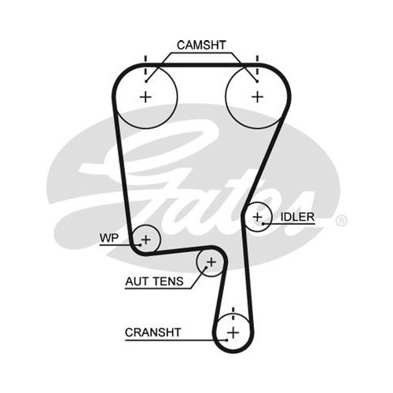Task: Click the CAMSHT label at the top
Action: [201, 45]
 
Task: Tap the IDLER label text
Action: [297, 217]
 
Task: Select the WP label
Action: [109, 238]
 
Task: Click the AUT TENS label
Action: [154, 281]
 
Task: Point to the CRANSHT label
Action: [153, 332]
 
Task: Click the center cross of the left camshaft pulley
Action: [145, 97]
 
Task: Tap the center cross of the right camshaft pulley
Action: [257, 97]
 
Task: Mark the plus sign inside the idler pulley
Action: [258, 217]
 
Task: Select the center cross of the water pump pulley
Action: [146, 240]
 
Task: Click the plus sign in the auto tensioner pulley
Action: [211, 262]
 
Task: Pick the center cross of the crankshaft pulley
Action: [233, 332]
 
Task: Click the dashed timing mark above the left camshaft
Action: [145, 65]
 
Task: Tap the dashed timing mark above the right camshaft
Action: [257, 65]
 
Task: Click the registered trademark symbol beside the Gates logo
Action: [341, 221]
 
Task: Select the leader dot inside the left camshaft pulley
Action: [146, 82]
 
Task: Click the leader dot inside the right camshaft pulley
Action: [257, 82]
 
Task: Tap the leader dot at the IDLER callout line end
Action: [263, 223]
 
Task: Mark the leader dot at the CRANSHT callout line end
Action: [227, 340]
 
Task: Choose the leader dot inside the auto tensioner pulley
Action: [206, 267]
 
